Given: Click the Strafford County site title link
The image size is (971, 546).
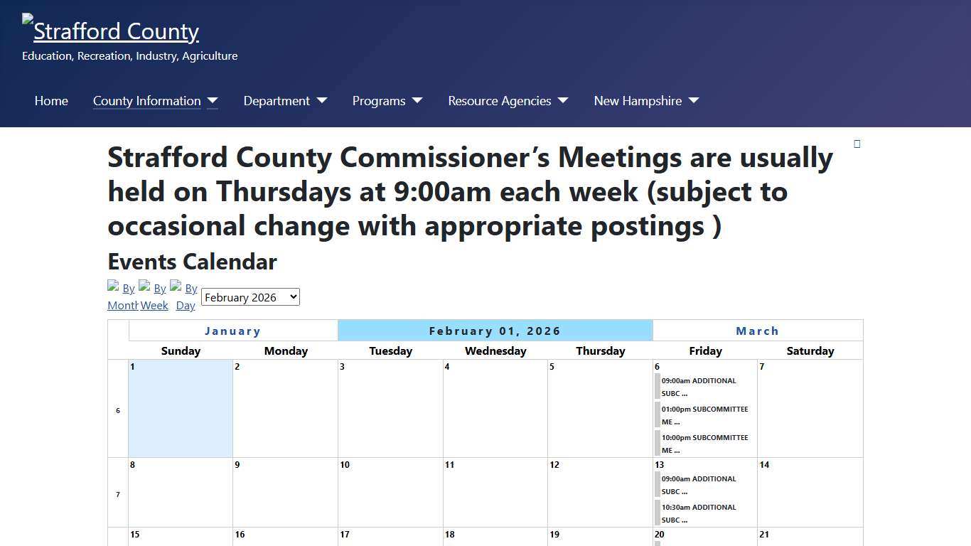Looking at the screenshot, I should point(116,31).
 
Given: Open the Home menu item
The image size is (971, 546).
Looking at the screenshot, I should point(51,101).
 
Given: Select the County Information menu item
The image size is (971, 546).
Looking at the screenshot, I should point(147,101).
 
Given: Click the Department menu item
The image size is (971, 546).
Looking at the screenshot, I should point(277,101).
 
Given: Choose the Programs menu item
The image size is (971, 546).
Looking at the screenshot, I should point(379,101).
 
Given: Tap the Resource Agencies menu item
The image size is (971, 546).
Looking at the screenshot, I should point(500,101).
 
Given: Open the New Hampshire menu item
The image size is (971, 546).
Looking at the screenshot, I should point(638,101).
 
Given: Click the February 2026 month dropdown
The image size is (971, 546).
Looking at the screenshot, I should point(250,297).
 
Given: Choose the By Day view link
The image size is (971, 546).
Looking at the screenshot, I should point(186,297).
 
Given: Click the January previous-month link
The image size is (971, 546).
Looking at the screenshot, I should point(232,331).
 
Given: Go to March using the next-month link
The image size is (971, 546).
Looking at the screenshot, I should point(757,331).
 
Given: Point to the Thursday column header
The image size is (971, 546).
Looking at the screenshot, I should point(601,350).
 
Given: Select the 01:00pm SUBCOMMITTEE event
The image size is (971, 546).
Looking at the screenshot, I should point(704,415).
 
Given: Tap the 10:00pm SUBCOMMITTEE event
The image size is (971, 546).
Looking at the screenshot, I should point(704,444).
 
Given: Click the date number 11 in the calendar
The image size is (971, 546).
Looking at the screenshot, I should point(449,465).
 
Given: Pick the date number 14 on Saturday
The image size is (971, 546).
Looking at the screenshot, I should point(764,465).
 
